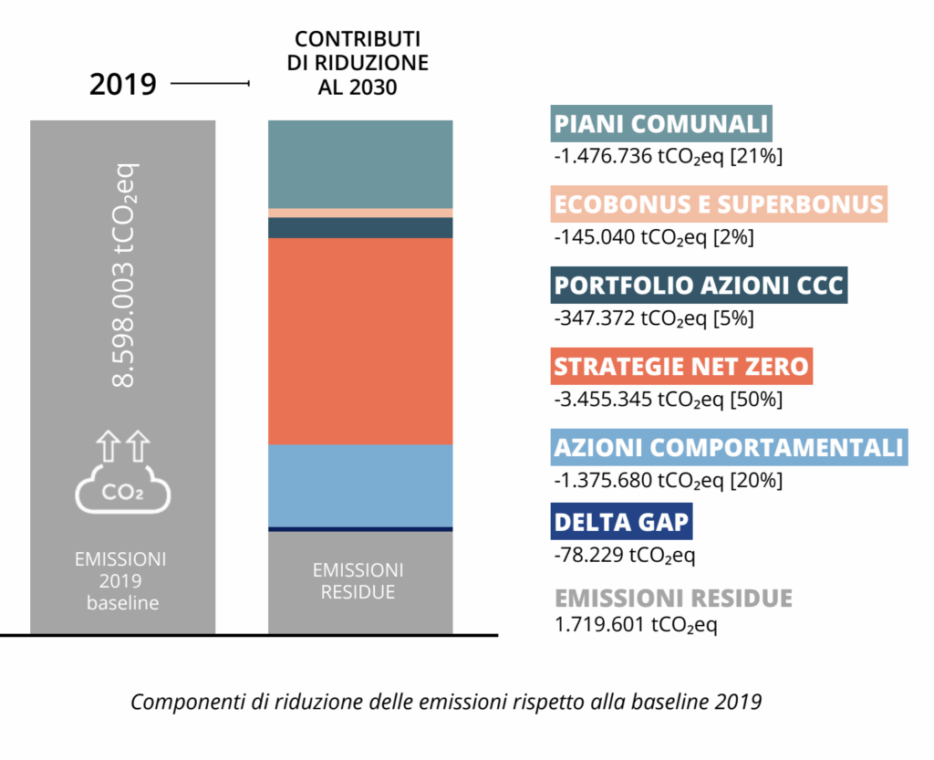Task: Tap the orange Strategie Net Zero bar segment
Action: pos(360,340)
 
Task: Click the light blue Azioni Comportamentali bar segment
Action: pos(360,484)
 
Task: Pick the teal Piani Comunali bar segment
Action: pos(360,164)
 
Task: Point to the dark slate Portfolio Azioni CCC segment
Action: pos(360,227)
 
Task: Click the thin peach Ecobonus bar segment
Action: pos(360,213)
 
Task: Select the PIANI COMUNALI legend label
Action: pos(661,123)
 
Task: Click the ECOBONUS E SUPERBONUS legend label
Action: pos(719,203)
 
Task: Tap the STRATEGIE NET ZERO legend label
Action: pos(681,366)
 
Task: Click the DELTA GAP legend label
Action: pos(621,523)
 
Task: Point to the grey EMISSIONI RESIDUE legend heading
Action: pos(674,599)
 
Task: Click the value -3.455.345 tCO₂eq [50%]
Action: pos(668,399)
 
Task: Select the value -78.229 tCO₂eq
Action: pos(631,554)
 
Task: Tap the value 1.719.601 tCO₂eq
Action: pos(636,627)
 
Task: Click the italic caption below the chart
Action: pos(446,703)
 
